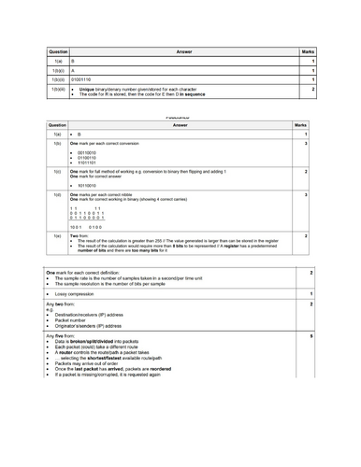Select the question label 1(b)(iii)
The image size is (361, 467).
[58, 93]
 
